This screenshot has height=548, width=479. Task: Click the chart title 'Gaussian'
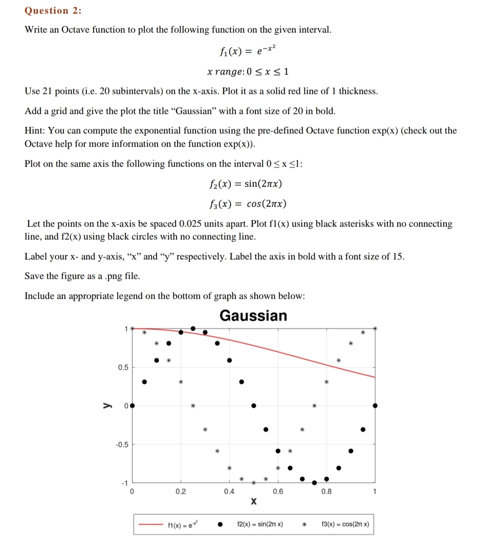pyautogui.click(x=253, y=315)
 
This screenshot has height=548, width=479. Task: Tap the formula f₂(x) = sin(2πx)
pyautogui.click(x=246, y=184)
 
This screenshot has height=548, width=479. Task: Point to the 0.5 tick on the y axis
pyautogui.click(x=123, y=367)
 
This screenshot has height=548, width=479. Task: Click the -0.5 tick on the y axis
pyautogui.click(x=121, y=444)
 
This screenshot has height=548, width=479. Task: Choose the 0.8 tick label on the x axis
pyautogui.click(x=326, y=492)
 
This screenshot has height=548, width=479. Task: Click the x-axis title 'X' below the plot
pyautogui.click(x=253, y=502)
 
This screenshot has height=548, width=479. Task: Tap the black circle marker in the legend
pyautogui.click(x=221, y=524)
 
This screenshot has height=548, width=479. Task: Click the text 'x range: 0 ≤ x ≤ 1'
pyautogui.click(x=248, y=71)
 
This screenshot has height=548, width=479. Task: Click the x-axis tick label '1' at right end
pyautogui.click(x=375, y=492)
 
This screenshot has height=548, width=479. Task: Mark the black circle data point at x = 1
pyautogui.click(x=375, y=405)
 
